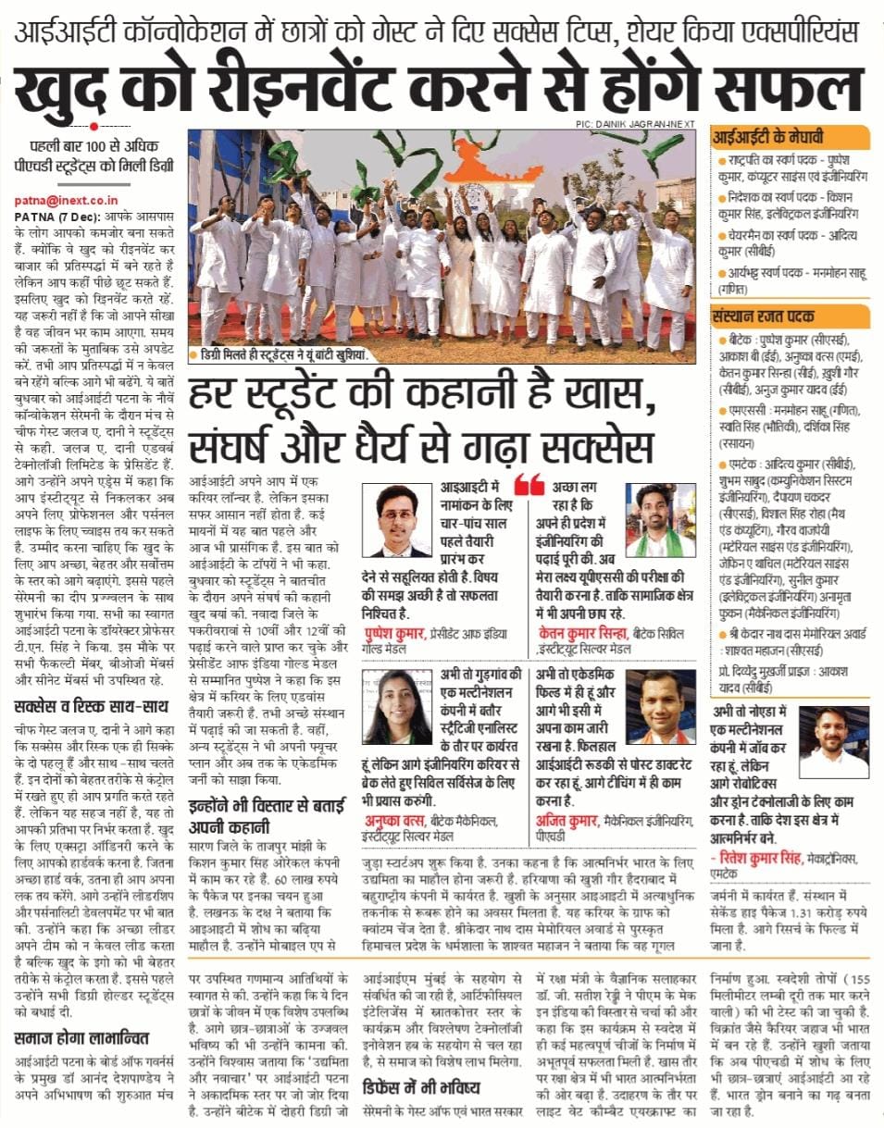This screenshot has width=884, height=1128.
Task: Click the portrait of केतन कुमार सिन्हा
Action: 660,520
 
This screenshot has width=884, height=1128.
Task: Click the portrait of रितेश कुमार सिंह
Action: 833,742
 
